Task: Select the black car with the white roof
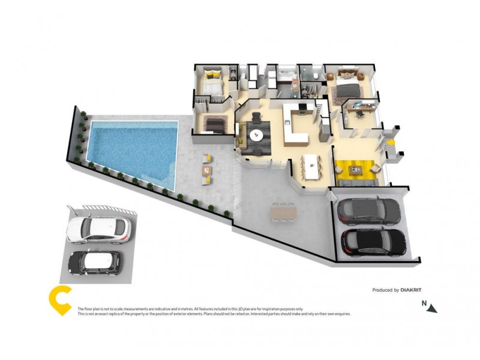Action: tap(94, 262)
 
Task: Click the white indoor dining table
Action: tap(311, 166)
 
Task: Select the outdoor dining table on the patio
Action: tap(283, 211)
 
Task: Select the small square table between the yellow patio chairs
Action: tap(207, 170)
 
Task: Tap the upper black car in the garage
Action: tap(368, 210)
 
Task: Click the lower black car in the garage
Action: tap(373, 241)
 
